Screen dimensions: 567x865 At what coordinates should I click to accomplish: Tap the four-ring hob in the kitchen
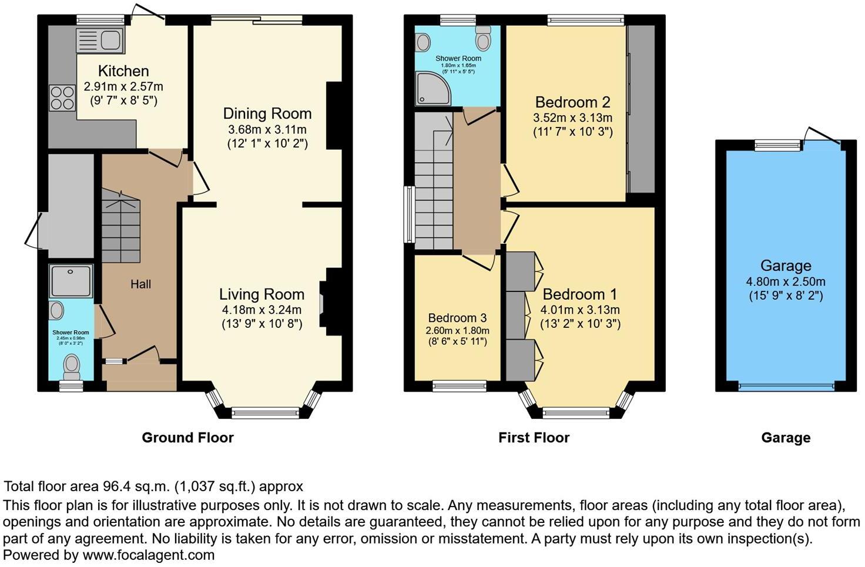(x=61, y=98)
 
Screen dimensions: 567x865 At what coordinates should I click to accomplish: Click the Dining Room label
(x=267, y=113)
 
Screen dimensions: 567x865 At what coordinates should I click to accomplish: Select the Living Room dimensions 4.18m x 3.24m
(x=261, y=310)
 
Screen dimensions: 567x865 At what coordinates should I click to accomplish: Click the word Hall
(x=140, y=284)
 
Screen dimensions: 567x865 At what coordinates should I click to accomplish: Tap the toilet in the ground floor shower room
(x=72, y=367)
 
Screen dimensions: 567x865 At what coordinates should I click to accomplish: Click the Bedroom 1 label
(x=580, y=294)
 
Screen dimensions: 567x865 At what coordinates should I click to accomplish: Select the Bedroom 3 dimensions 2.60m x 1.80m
(x=457, y=331)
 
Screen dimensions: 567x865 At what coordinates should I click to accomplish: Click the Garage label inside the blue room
(x=785, y=266)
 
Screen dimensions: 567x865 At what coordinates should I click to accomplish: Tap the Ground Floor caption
(x=187, y=438)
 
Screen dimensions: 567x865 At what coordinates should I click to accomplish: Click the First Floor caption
(x=534, y=438)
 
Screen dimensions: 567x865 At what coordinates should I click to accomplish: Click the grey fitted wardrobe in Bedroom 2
(x=641, y=109)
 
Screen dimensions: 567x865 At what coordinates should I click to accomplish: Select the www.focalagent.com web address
(x=148, y=555)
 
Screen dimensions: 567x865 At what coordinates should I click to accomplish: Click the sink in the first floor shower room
(x=423, y=42)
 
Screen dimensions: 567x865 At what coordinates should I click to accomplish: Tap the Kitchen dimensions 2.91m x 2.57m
(x=123, y=86)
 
